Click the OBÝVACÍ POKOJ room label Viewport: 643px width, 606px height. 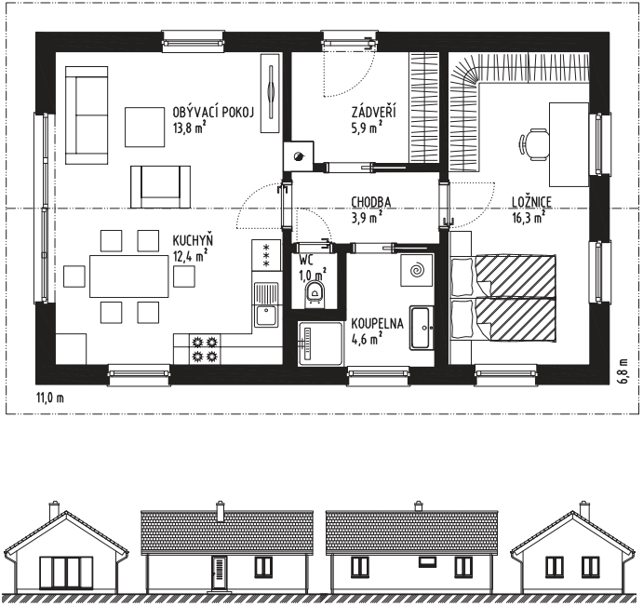click(x=214, y=112)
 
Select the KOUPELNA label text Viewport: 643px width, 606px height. click(x=377, y=323)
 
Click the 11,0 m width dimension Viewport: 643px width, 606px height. click(x=50, y=397)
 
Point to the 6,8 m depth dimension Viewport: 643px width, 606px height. click(x=623, y=371)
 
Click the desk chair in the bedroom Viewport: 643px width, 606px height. click(x=533, y=144)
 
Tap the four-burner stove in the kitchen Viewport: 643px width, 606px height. click(x=205, y=349)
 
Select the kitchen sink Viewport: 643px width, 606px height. click(x=266, y=304)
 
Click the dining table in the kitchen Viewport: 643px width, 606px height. click(x=129, y=276)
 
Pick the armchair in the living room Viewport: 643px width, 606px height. click(x=160, y=187)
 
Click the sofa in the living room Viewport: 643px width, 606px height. click(x=87, y=115)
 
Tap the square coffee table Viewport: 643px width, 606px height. click(x=145, y=127)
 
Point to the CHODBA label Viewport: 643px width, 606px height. click(x=371, y=202)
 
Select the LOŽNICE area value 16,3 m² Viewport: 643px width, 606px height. click(x=529, y=217)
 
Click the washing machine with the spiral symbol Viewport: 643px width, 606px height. click(x=417, y=270)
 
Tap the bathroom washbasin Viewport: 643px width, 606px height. click(x=422, y=328)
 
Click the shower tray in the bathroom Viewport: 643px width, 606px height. click(x=320, y=343)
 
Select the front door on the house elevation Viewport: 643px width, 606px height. click(x=220, y=572)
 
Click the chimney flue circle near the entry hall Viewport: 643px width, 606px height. click(x=298, y=155)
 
